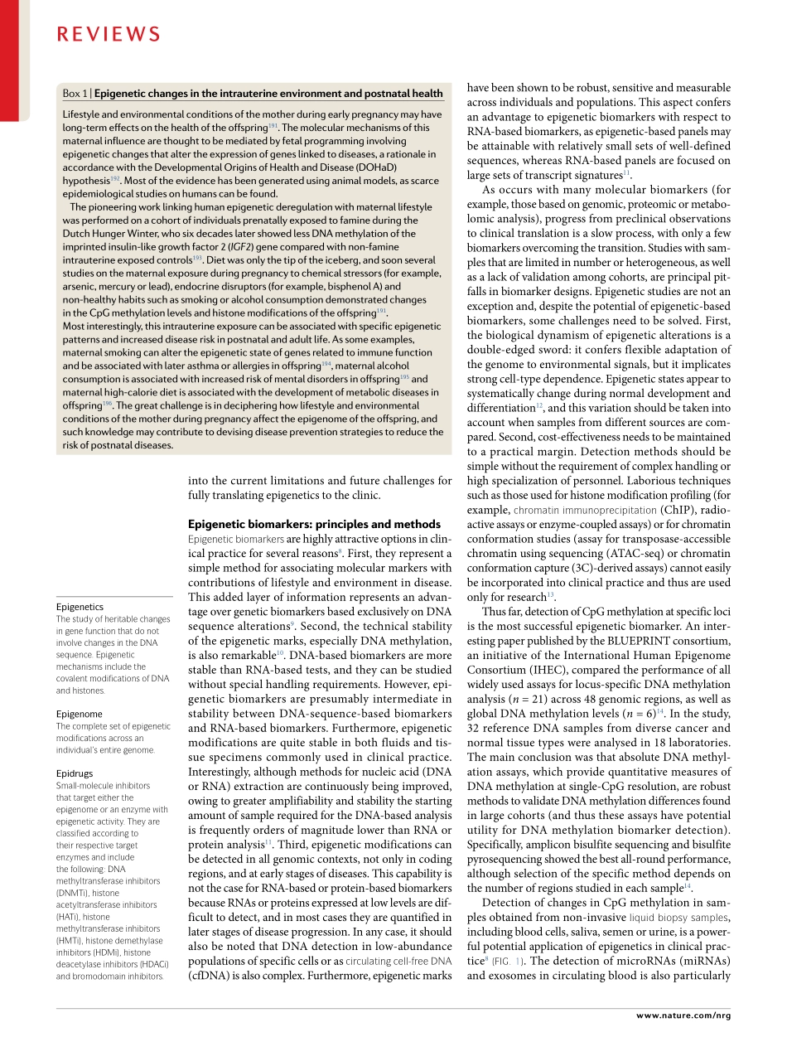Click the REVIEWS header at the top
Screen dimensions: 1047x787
pos(108,34)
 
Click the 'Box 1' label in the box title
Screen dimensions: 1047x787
pos(75,94)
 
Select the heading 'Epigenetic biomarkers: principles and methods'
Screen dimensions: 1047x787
pos(314,524)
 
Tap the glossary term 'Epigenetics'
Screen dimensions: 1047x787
pos(80,607)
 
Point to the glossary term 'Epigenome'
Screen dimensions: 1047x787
pos(80,714)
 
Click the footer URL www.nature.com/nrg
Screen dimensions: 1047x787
pos(683,1015)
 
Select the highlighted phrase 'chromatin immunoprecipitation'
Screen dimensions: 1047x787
pos(585,510)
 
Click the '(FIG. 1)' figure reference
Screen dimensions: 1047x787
pos(508,962)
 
